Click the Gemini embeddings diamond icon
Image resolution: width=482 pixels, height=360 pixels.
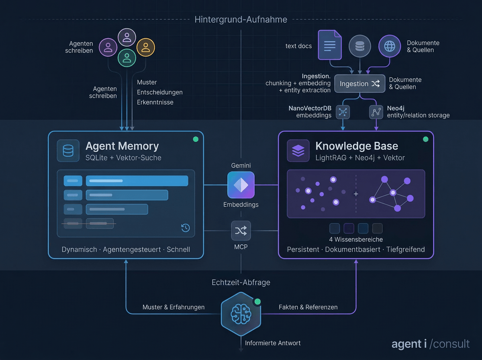(x=241, y=185)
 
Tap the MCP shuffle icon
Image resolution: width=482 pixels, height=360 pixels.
(x=241, y=231)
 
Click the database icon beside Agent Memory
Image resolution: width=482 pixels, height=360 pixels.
(x=68, y=151)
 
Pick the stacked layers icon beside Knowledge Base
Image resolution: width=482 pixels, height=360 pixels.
(x=298, y=151)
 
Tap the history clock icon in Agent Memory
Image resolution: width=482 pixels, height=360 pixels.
(x=185, y=228)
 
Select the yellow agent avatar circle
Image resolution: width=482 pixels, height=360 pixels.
(x=145, y=47)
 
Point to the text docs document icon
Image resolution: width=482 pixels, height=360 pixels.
(x=329, y=45)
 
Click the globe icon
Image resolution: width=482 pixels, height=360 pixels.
(x=390, y=46)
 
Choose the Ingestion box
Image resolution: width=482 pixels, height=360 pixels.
(x=359, y=84)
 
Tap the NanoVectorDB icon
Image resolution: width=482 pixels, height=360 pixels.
(x=343, y=112)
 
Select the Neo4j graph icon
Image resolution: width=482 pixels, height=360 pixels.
(x=376, y=112)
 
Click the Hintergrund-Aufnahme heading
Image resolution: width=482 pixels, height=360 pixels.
(x=241, y=20)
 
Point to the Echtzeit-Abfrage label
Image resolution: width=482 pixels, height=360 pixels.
(x=241, y=282)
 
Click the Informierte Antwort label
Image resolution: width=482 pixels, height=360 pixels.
(x=273, y=343)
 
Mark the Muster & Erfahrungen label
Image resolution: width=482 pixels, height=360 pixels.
(x=174, y=307)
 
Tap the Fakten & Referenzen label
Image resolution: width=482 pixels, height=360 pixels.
(x=308, y=307)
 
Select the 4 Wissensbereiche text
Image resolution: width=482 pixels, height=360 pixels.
(x=356, y=240)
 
